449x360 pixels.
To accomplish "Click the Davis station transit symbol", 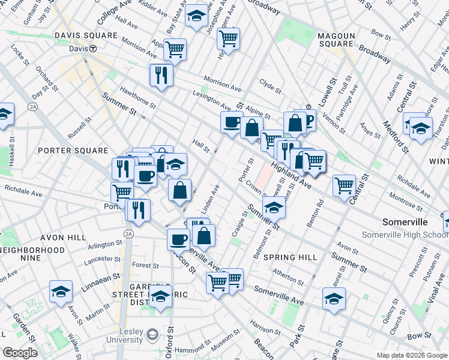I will (x=93, y=49).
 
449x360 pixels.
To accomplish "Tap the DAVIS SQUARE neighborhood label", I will (x=86, y=35).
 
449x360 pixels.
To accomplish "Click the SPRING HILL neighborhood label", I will (x=290, y=257).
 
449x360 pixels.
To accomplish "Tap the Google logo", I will (x=20, y=353).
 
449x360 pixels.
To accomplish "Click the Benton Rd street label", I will (x=316, y=215).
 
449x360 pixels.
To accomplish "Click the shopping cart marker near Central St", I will (x=345, y=185).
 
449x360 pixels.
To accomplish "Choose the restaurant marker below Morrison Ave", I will (x=161, y=74).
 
